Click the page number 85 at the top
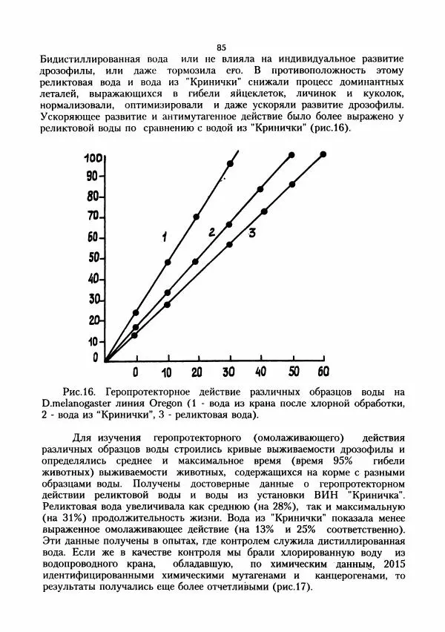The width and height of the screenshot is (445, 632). tap(221, 47)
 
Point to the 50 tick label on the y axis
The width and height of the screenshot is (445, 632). tap(92, 258)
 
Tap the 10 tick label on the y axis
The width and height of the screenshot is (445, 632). tap(92, 340)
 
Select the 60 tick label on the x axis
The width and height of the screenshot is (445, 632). tap(323, 370)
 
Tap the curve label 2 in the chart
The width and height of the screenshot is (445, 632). tap(211, 232)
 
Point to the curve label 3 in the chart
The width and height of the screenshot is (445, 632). tap(252, 233)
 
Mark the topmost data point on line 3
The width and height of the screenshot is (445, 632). tap(323, 154)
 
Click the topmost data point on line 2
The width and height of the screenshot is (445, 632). tap(291, 155)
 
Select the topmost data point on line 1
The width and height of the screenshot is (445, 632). tap(230, 163)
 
